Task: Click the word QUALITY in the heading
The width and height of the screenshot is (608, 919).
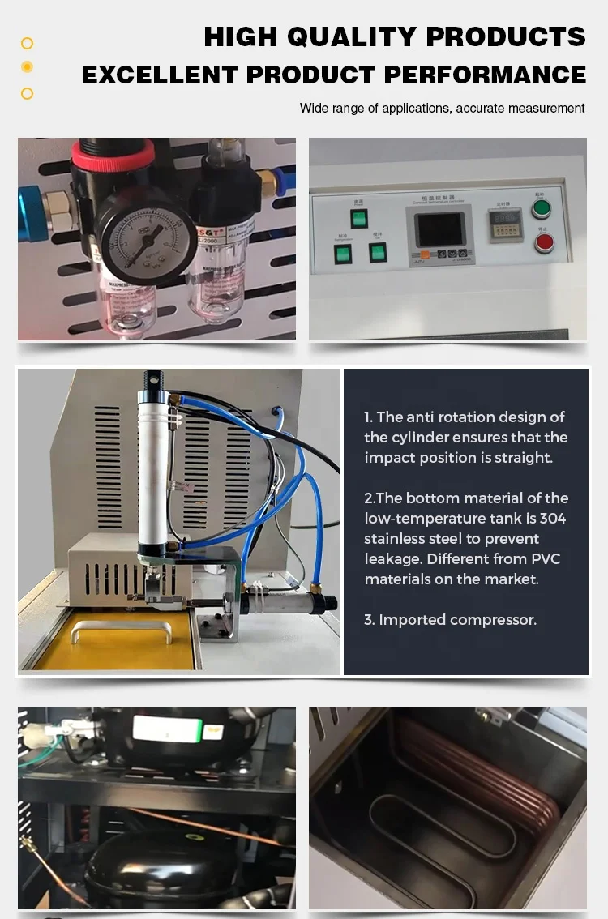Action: [350, 36]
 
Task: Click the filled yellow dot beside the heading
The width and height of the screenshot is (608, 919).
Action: [27, 67]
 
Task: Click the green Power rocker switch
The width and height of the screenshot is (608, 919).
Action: [359, 217]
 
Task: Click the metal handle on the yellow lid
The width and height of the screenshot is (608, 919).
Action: [121, 629]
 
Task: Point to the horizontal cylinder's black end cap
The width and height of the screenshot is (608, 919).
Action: [327, 604]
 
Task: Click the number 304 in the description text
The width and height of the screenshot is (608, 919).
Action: [554, 519]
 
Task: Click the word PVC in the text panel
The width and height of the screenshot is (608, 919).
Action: [545, 559]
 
